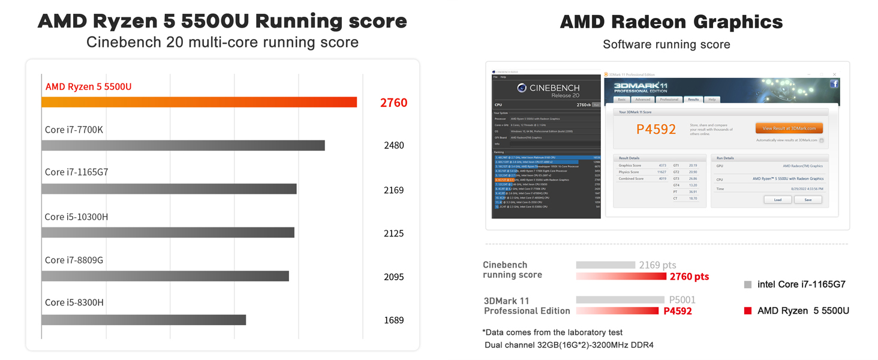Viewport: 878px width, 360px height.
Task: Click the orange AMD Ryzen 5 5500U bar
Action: (199, 102)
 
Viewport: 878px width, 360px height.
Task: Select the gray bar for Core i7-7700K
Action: (183, 145)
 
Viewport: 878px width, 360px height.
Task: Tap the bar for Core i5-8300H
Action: (144, 320)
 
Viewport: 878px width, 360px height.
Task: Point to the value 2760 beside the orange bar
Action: (393, 103)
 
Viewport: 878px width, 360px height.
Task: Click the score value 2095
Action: (393, 277)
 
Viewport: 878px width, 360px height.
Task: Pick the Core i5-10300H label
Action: (76, 217)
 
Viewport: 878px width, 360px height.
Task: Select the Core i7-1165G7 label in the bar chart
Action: (76, 172)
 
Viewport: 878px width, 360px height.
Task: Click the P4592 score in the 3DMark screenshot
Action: (656, 129)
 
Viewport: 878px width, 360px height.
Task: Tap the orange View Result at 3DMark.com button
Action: (789, 128)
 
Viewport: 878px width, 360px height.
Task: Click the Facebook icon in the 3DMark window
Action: (834, 84)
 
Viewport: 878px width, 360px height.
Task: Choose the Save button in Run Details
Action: (808, 200)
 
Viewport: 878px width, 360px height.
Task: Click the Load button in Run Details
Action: (777, 200)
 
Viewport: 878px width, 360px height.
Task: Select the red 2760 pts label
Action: (689, 277)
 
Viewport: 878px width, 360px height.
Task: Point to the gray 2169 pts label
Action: (657, 265)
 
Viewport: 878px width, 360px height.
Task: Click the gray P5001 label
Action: (682, 300)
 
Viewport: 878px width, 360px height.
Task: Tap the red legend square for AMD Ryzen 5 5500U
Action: (747, 311)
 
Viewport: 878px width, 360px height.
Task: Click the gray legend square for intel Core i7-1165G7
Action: (747, 284)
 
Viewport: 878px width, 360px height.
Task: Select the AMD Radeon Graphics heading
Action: (671, 22)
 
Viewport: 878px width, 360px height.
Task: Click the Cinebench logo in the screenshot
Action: (522, 88)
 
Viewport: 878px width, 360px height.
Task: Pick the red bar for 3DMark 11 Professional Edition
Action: (617, 311)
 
